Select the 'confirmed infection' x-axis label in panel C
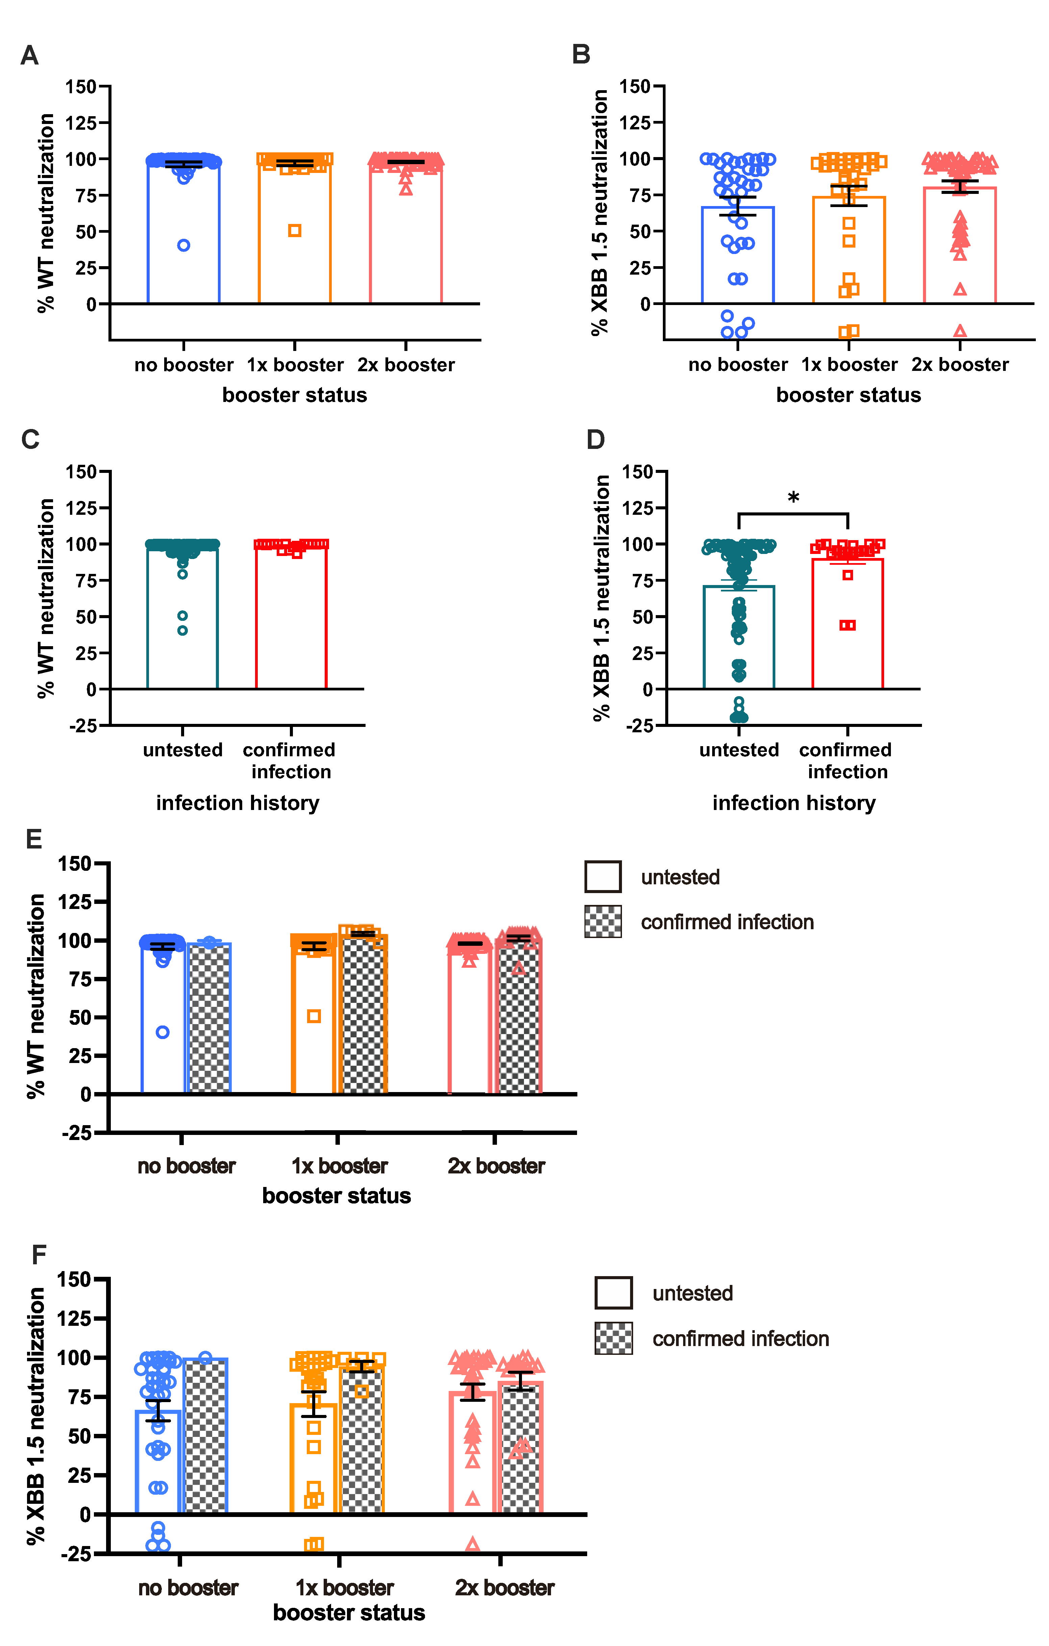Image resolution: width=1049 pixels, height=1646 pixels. click(289, 760)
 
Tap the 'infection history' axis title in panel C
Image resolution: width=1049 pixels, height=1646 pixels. click(237, 803)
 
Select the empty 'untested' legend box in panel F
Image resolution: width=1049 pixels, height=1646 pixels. click(614, 1293)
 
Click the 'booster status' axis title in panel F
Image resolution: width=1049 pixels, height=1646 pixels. click(349, 1613)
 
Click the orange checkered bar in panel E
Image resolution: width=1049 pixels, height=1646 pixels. click(363, 1018)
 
